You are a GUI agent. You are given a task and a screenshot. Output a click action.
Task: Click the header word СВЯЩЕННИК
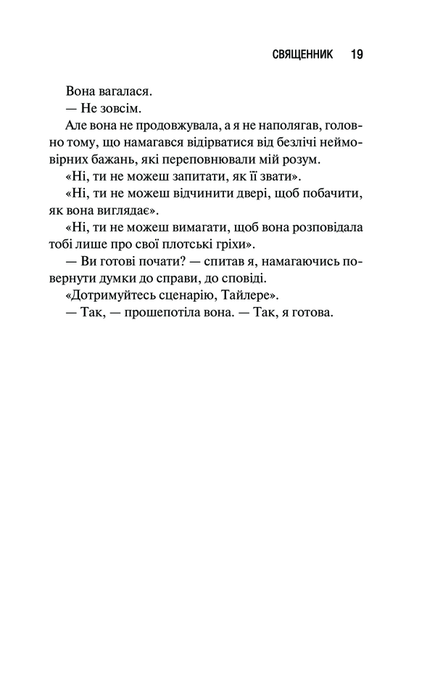pyautogui.click(x=303, y=54)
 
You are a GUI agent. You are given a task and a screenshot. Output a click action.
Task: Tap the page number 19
pyautogui.click(x=356, y=54)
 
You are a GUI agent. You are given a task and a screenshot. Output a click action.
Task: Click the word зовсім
pyautogui.click(x=119, y=109)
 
